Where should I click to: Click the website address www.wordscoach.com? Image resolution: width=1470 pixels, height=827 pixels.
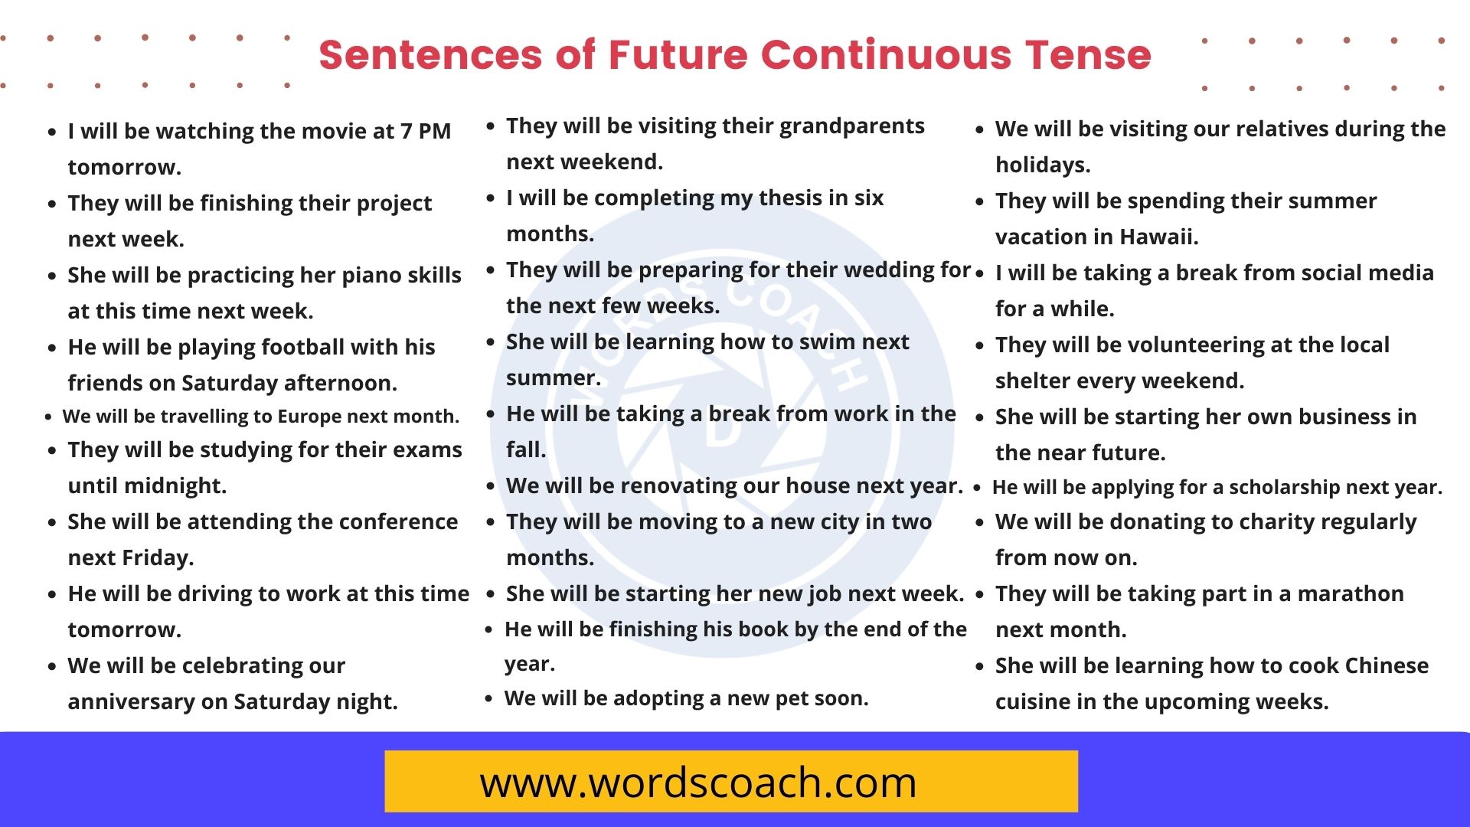tap(697, 783)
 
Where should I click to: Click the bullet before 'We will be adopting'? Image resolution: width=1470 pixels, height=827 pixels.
tap(488, 698)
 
